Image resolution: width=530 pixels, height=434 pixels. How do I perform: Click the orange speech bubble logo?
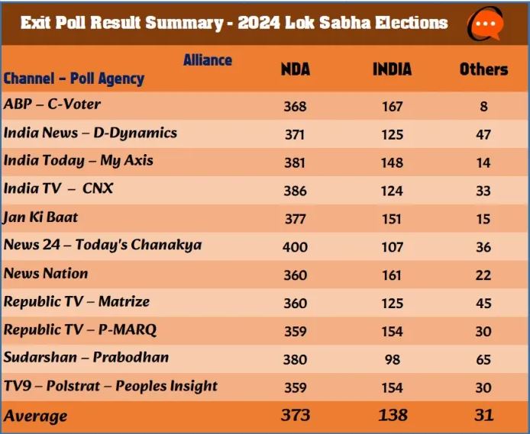[486, 24]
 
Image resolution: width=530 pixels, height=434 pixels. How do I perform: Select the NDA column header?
[296, 69]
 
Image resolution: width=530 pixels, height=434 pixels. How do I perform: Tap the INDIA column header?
[392, 69]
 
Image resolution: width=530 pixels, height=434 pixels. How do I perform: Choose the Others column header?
[483, 69]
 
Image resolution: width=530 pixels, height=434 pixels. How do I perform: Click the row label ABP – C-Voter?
[52, 104]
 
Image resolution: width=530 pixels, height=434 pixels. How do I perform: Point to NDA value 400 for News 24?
[295, 246]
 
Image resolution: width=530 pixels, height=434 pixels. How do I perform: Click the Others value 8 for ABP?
[483, 107]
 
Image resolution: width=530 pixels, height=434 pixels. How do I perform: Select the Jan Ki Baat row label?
[40, 217]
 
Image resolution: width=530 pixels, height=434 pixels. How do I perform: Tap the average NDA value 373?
[295, 415]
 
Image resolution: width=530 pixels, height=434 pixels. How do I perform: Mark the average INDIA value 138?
[393, 415]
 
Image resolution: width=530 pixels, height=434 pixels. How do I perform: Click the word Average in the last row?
[35, 416]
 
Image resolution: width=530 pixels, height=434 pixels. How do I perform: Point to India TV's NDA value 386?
[295, 191]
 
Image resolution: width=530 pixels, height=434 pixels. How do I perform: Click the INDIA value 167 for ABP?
[393, 107]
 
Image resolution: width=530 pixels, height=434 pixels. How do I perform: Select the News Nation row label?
[46, 273]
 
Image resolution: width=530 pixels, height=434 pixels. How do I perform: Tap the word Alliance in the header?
[208, 60]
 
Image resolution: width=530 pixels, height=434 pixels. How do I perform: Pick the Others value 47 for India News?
[483, 135]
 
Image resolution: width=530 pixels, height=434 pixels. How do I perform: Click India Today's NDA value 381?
[295, 162]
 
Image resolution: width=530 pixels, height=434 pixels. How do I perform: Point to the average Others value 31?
[483, 415]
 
